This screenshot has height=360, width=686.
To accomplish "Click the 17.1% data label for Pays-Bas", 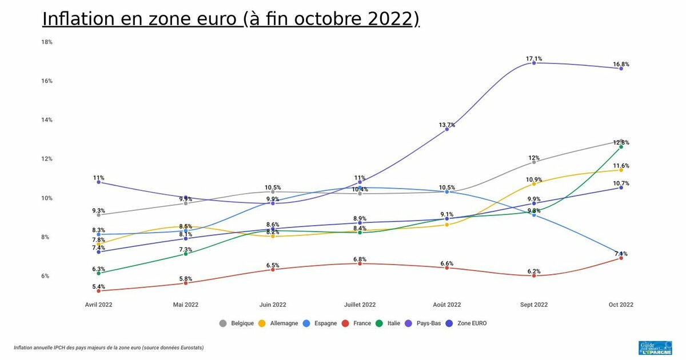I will (534, 58).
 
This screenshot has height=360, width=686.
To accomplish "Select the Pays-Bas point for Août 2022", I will (447, 129).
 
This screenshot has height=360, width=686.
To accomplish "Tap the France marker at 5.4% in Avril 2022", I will (99, 291).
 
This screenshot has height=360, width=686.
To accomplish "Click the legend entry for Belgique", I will (237, 323).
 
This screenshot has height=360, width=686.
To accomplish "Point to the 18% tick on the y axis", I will (47, 42).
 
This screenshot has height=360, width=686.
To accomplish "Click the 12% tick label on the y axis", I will (47, 159).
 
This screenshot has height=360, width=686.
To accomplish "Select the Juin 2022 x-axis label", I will (273, 305).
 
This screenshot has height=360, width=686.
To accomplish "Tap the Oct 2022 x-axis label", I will (621, 305).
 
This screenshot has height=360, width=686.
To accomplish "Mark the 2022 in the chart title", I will (390, 19).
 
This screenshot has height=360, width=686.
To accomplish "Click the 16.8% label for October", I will (621, 64).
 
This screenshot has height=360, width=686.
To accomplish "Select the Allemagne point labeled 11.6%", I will (621, 170).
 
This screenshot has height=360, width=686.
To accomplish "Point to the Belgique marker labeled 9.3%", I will (99, 215).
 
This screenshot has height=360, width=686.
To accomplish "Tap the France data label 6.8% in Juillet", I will (360, 259).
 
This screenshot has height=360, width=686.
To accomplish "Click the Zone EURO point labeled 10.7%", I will (621, 187).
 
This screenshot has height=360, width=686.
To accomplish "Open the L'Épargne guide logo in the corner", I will (655, 349).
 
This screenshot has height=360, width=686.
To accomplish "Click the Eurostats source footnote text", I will (109, 347).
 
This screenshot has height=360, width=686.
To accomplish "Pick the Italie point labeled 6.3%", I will (99, 273).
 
